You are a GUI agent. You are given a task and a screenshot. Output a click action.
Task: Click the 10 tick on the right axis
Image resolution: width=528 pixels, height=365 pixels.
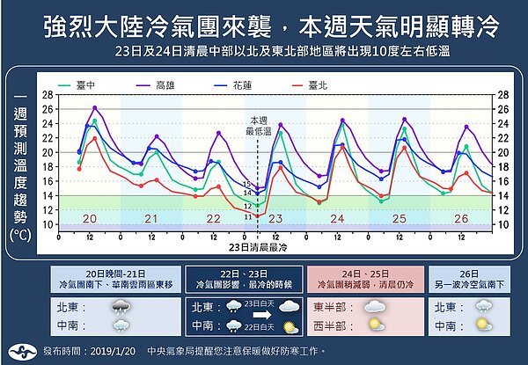point(502,225)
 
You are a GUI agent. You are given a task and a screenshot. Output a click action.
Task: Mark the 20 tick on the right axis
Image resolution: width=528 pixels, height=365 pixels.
point(502,152)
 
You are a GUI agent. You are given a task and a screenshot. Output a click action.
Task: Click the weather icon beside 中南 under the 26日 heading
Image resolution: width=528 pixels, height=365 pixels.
point(482,325)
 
